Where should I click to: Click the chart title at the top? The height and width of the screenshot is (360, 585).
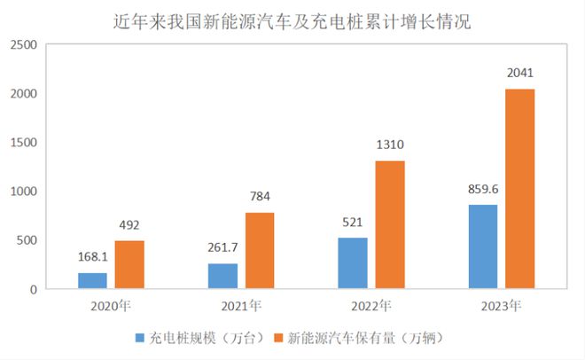(x=292, y=22)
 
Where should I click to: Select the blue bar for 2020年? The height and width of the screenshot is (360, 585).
(x=92, y=280)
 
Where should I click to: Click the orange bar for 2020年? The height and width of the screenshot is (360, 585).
(x=129, y=264)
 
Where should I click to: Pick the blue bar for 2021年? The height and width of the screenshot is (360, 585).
(x=222, y=276)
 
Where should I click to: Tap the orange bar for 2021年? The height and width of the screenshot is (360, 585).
(x=260, y=250)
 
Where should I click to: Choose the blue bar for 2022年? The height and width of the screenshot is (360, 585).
(x=353, y=263)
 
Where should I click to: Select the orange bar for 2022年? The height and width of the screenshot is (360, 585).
(x=390, y=224)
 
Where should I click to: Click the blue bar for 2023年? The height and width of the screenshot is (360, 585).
(x=483, y=247)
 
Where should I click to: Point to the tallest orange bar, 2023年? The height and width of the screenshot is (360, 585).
(x=520, y=189)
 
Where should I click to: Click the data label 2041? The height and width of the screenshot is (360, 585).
(x=520, y=74)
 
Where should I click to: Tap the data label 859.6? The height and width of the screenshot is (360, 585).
(x=483, y=189)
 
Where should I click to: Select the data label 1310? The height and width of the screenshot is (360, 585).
(x=390, y=145)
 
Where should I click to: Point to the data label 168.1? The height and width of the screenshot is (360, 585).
(x=92, y=257)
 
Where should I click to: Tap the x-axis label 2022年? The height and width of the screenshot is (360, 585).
(x=371, y=307)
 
